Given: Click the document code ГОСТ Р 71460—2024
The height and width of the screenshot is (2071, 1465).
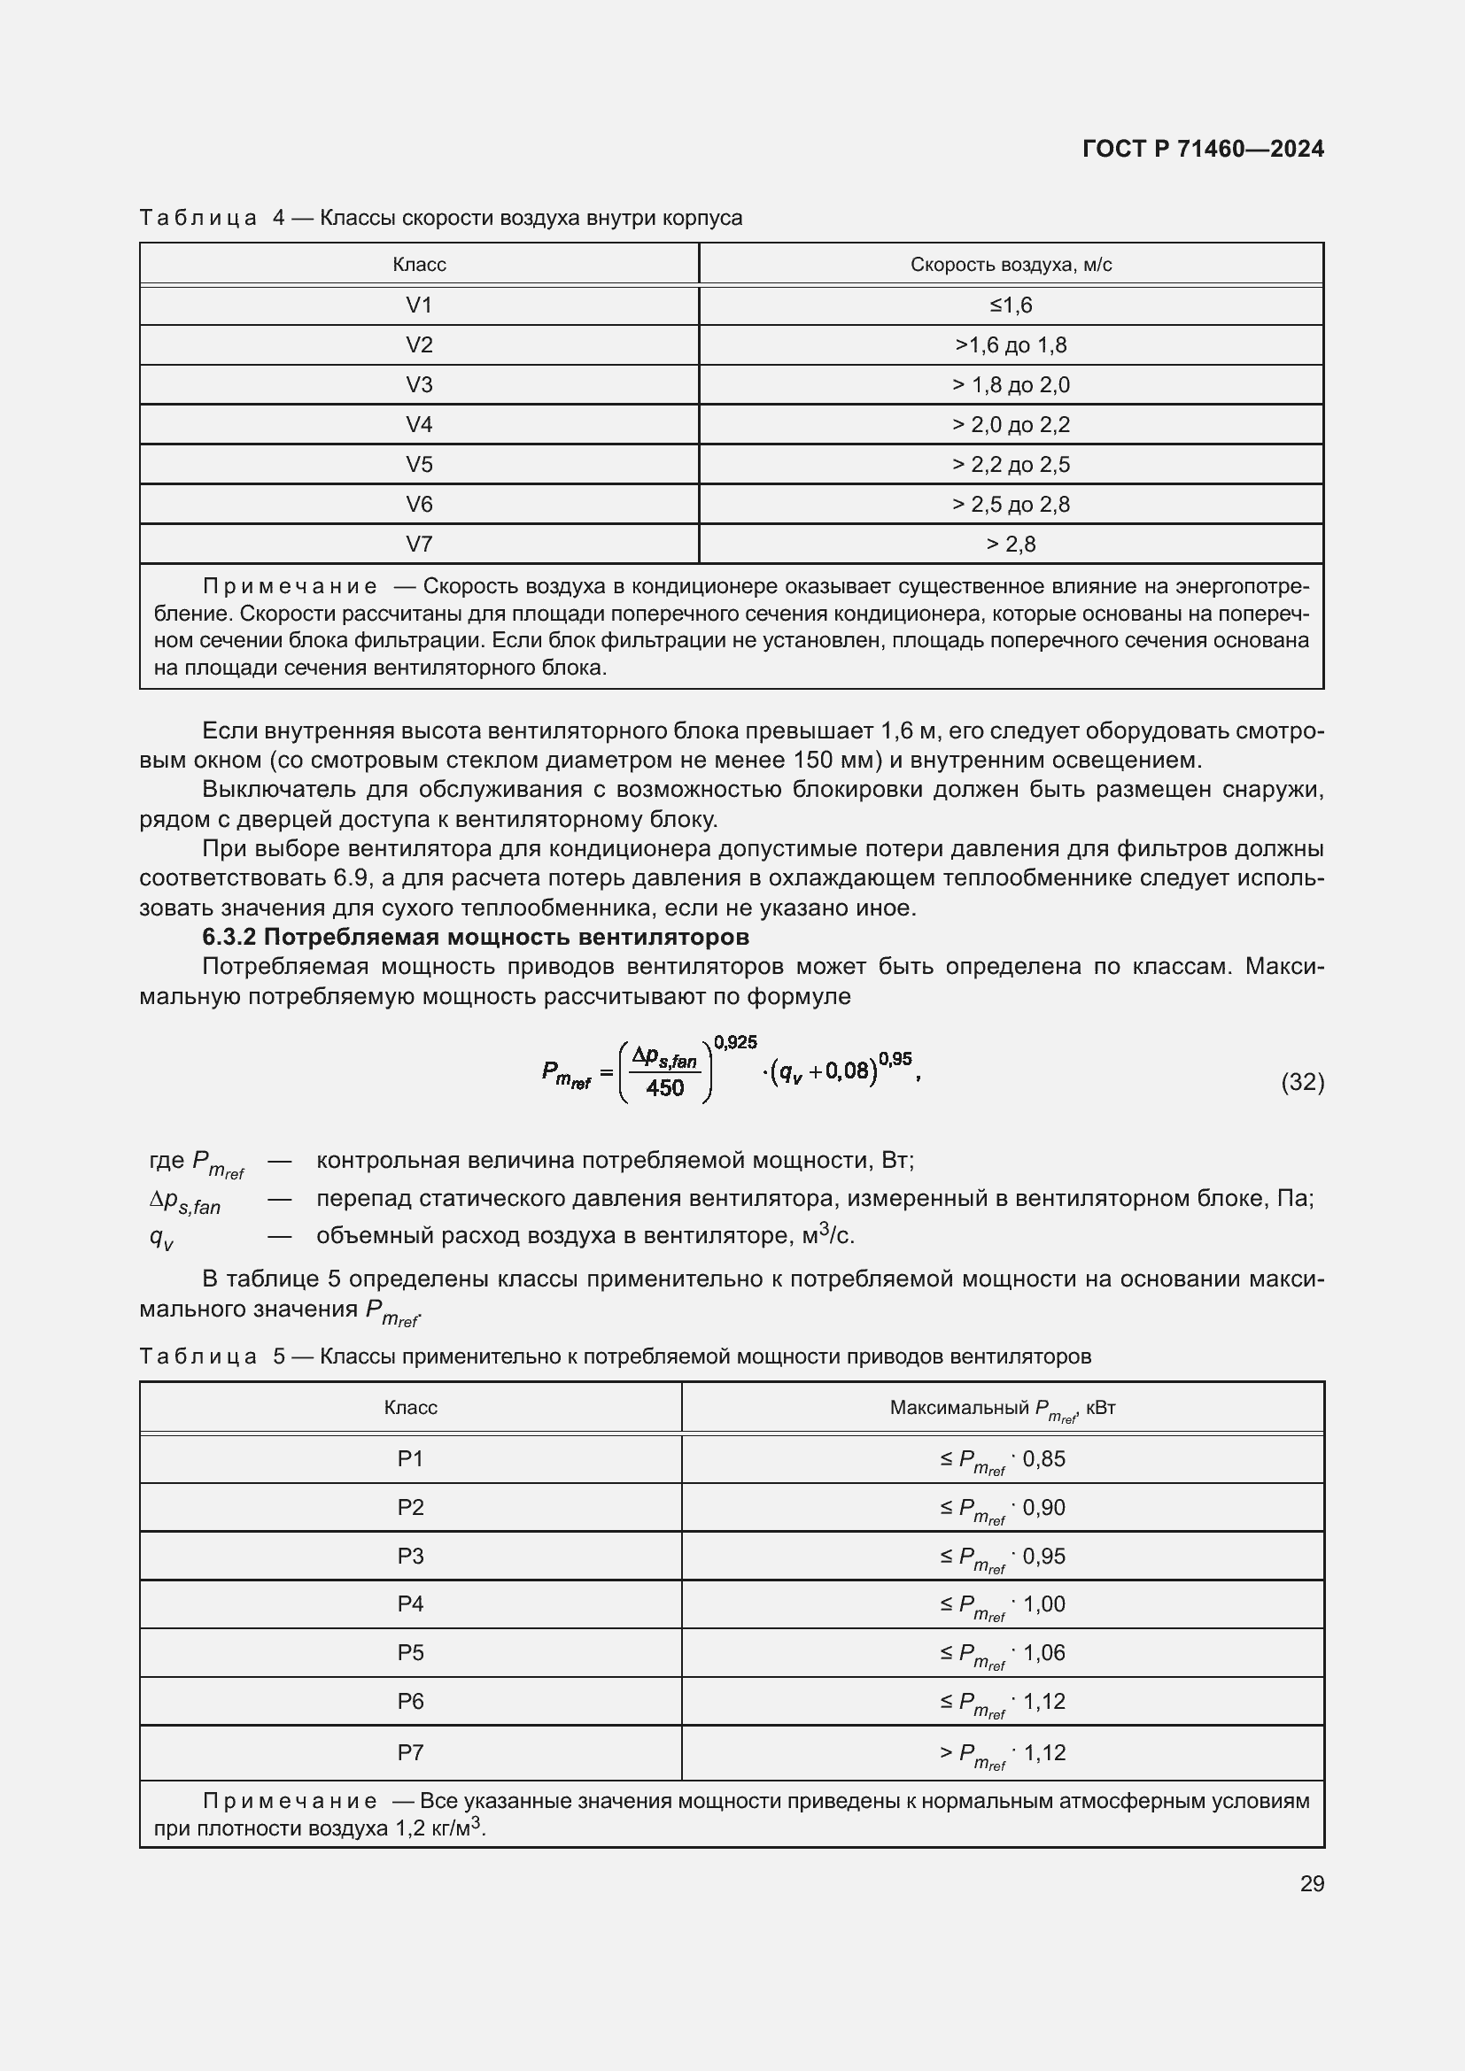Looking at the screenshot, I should click(1203, 149).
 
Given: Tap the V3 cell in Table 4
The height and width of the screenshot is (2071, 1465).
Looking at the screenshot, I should click(419, 385).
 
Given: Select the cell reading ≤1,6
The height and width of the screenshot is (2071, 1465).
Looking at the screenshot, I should click(1011, 305).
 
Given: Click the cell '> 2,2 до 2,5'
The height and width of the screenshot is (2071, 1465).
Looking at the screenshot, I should click(1011, 465).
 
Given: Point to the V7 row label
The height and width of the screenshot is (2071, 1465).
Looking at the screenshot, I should click(419, 544).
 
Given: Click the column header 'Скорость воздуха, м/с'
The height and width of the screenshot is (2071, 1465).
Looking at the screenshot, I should click(1011, 264).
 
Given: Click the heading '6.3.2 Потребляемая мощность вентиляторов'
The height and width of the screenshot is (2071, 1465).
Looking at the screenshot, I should click(476, 937).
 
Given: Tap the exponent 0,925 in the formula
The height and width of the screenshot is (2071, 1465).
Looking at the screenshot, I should click(734, 1043).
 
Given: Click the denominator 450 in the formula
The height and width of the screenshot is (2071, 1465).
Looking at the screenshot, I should click(665, 1089).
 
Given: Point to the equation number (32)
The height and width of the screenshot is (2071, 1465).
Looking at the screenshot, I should click(1302, 1081).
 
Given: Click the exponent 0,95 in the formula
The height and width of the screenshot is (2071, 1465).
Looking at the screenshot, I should click(895, 1058).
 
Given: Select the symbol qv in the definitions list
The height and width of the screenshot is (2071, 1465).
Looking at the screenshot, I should click(161, 1238).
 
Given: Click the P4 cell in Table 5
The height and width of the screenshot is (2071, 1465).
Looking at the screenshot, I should click(410, 1603).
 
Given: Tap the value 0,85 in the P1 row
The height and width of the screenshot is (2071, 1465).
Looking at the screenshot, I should click(1043, 1458).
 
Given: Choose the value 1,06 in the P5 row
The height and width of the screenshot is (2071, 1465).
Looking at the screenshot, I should click(1043, 1652).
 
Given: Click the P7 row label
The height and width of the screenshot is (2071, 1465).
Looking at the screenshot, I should click(410, 1751).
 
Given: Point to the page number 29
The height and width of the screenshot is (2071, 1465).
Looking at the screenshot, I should click(1312, 1883).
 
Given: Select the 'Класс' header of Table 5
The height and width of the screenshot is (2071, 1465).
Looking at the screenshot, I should click(410, 1408).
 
